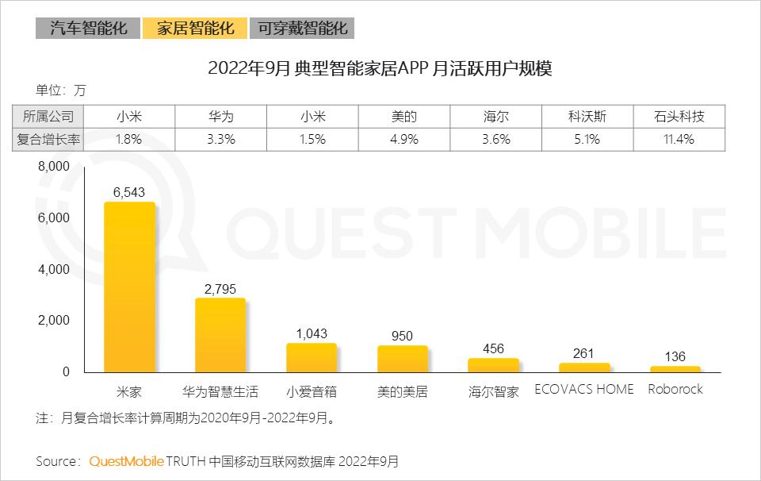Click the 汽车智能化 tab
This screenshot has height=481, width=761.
pyautogui.click(x=88, y=29)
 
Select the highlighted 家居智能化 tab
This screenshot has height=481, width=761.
pyautogui.click(x=195, y=29)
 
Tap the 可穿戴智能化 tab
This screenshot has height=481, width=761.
pyautogui.click(x=301, y=29)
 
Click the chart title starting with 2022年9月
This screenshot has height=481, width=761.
pyautogui.click(x=380, y=68)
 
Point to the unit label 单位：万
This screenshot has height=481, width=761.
pyautogui.click(x=60, y=90)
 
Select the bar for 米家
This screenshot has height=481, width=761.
pyautogui.click(x=130, y=287)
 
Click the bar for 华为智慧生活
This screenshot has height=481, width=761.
pyautogui.click(x=220, y=335)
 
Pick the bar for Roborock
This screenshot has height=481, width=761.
pyautogui.click(x=675, y=369)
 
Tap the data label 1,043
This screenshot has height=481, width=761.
pyautogui.click(x=312, y=334)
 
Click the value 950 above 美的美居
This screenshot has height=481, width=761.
pyautogui.click(x=402, y=337)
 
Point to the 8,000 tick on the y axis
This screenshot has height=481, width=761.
pyautogui.click(x=54, y=167)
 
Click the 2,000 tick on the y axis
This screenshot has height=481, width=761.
pyautogui.click(x=54, y=321)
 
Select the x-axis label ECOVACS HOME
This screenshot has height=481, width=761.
pyautogui.click(x=584, y=390)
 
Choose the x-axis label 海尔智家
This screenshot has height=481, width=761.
pyautogui.click(x=493, y=391)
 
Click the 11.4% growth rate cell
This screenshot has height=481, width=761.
pyautogui.click(x=679, y=139)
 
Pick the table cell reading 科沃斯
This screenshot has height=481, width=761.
pyautogui.click(x=587, y=117)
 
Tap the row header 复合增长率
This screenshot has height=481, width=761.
pyautogui.click(x=49, y=139)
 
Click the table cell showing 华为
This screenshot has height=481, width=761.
pyautogui.click(x=220, y=117)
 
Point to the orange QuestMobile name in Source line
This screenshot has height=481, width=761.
pyautogui.click(x=127, y=461)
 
